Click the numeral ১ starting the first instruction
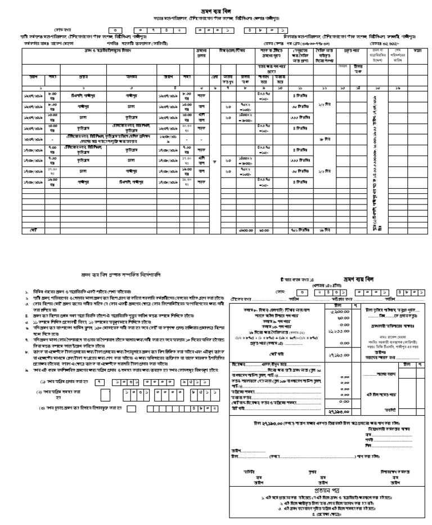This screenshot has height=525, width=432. tap(26, 292)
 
